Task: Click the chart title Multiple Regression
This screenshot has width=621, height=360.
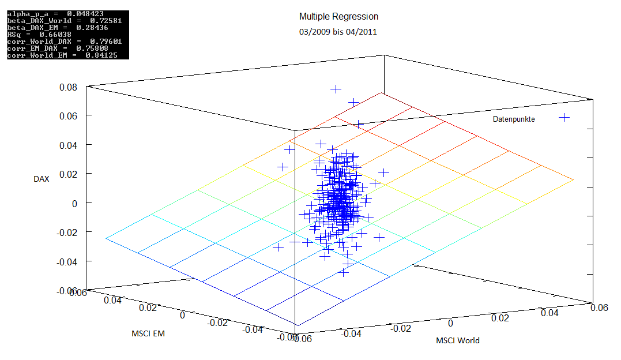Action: tap(338, 17)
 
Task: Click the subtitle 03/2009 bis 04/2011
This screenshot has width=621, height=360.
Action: tap(338, 32)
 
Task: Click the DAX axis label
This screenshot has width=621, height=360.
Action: tap(42, 179)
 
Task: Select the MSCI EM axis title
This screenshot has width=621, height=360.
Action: tap(148, 333)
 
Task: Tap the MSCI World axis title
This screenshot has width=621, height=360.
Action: tap(458, 340)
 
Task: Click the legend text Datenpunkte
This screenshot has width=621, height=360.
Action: tap(514, 119)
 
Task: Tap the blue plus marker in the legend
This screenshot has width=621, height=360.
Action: tap(564, 118)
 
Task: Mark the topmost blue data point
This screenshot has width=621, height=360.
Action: tap(336, 89)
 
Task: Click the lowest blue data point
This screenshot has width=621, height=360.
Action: tap(344, 271)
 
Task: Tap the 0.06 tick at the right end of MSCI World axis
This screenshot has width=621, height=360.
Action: tap(600, 307)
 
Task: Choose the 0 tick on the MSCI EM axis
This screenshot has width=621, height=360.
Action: tap(182, 315)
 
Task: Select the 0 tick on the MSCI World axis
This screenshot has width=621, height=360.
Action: tap(451, 323)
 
